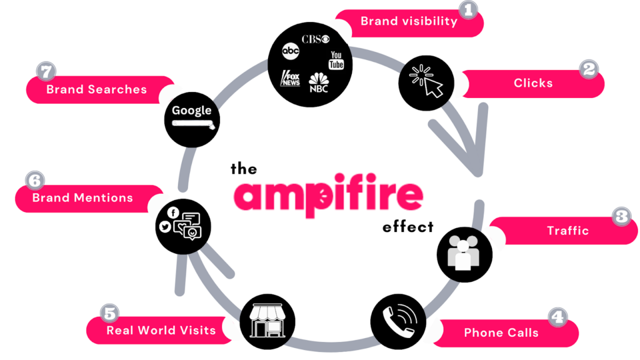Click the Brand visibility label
click(409, 21)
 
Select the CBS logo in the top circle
click(315, 39)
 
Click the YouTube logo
click(336, 61)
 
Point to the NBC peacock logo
click(319, 83)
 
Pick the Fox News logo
click(290, 78)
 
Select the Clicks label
click(532, 83)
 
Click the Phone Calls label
click(501, 332)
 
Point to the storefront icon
click(267, 321)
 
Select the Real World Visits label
click(161, 330)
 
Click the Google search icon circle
click(192, 117)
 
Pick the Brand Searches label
click(96, 89)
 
